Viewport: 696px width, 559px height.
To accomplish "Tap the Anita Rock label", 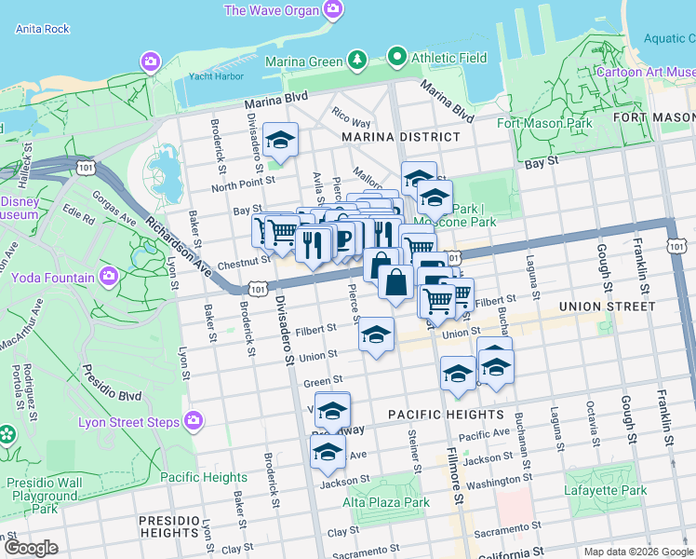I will click(x=43, y=29).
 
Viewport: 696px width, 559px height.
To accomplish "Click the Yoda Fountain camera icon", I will click(x=110, y=277).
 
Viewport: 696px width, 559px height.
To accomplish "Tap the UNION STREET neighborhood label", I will click(x=596, y=306).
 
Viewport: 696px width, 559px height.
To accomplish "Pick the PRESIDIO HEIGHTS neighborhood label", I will click(x=168, y=526).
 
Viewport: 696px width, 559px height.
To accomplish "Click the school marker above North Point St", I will click(x=280, y=141).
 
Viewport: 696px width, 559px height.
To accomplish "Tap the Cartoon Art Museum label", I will click(x=644, y=72).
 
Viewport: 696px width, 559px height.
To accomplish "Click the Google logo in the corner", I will click(x=31, y=547).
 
